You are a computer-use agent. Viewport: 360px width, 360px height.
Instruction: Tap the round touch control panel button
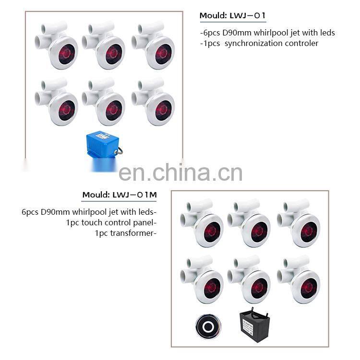[x=208, y=326]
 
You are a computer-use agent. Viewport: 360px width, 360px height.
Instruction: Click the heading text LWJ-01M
[x=135, y=195]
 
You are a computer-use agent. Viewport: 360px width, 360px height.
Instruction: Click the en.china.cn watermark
[x=180, y=173]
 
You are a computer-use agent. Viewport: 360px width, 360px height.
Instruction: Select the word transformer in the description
[x=132, y=233]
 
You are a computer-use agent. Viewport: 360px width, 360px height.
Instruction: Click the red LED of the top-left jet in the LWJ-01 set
[x=66, y=54]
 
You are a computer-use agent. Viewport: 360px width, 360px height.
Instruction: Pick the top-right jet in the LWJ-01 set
[x=153, y=45]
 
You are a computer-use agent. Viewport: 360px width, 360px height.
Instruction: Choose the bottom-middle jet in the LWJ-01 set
[x=104, y=102]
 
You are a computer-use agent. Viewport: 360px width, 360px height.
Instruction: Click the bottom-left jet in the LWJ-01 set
[x=56, y=102]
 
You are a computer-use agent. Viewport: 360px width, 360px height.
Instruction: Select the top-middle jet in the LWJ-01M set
[x=249, y=223]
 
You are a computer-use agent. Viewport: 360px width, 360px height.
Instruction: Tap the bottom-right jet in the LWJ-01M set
[x=299, y=279]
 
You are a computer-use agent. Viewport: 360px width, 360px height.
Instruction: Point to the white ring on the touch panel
[x=208, y=326]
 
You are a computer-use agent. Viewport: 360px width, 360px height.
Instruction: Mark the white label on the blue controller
[x=101, y=136]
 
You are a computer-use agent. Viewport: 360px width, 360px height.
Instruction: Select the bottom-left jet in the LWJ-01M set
[x=202, y=279]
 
